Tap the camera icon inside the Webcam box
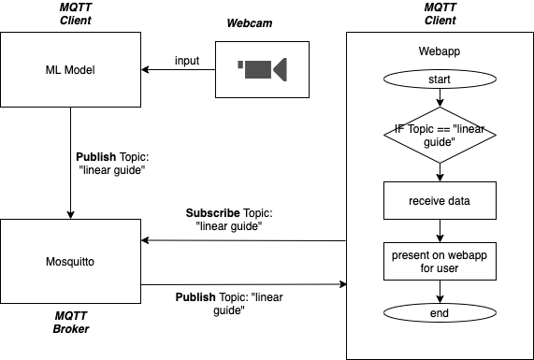(x=262, y=68)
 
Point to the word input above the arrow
(x=187, y=61)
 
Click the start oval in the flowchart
(x=439, y=79)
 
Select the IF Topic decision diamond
(x=439, y=135)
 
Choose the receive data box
(x=439, y=199)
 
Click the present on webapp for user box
(x=439, y=261)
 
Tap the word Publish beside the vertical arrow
(x=96, y=156)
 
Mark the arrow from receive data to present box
(x=439, y=229)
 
